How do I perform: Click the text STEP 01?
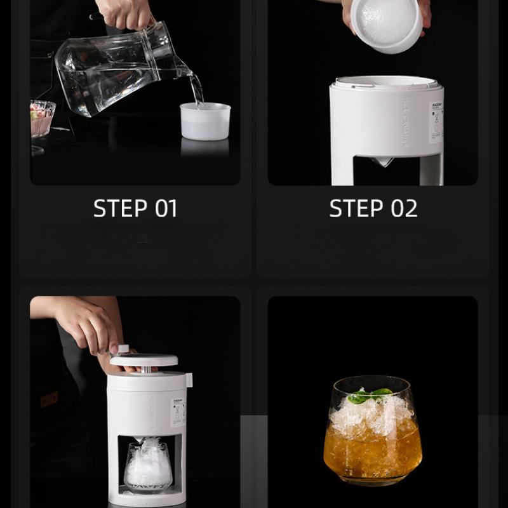click(135, 208)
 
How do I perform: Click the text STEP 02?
click(373, 208)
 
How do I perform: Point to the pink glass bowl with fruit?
click(42, 117)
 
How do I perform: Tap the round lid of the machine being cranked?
click(144, 359)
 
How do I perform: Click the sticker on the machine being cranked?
click(178, 411)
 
